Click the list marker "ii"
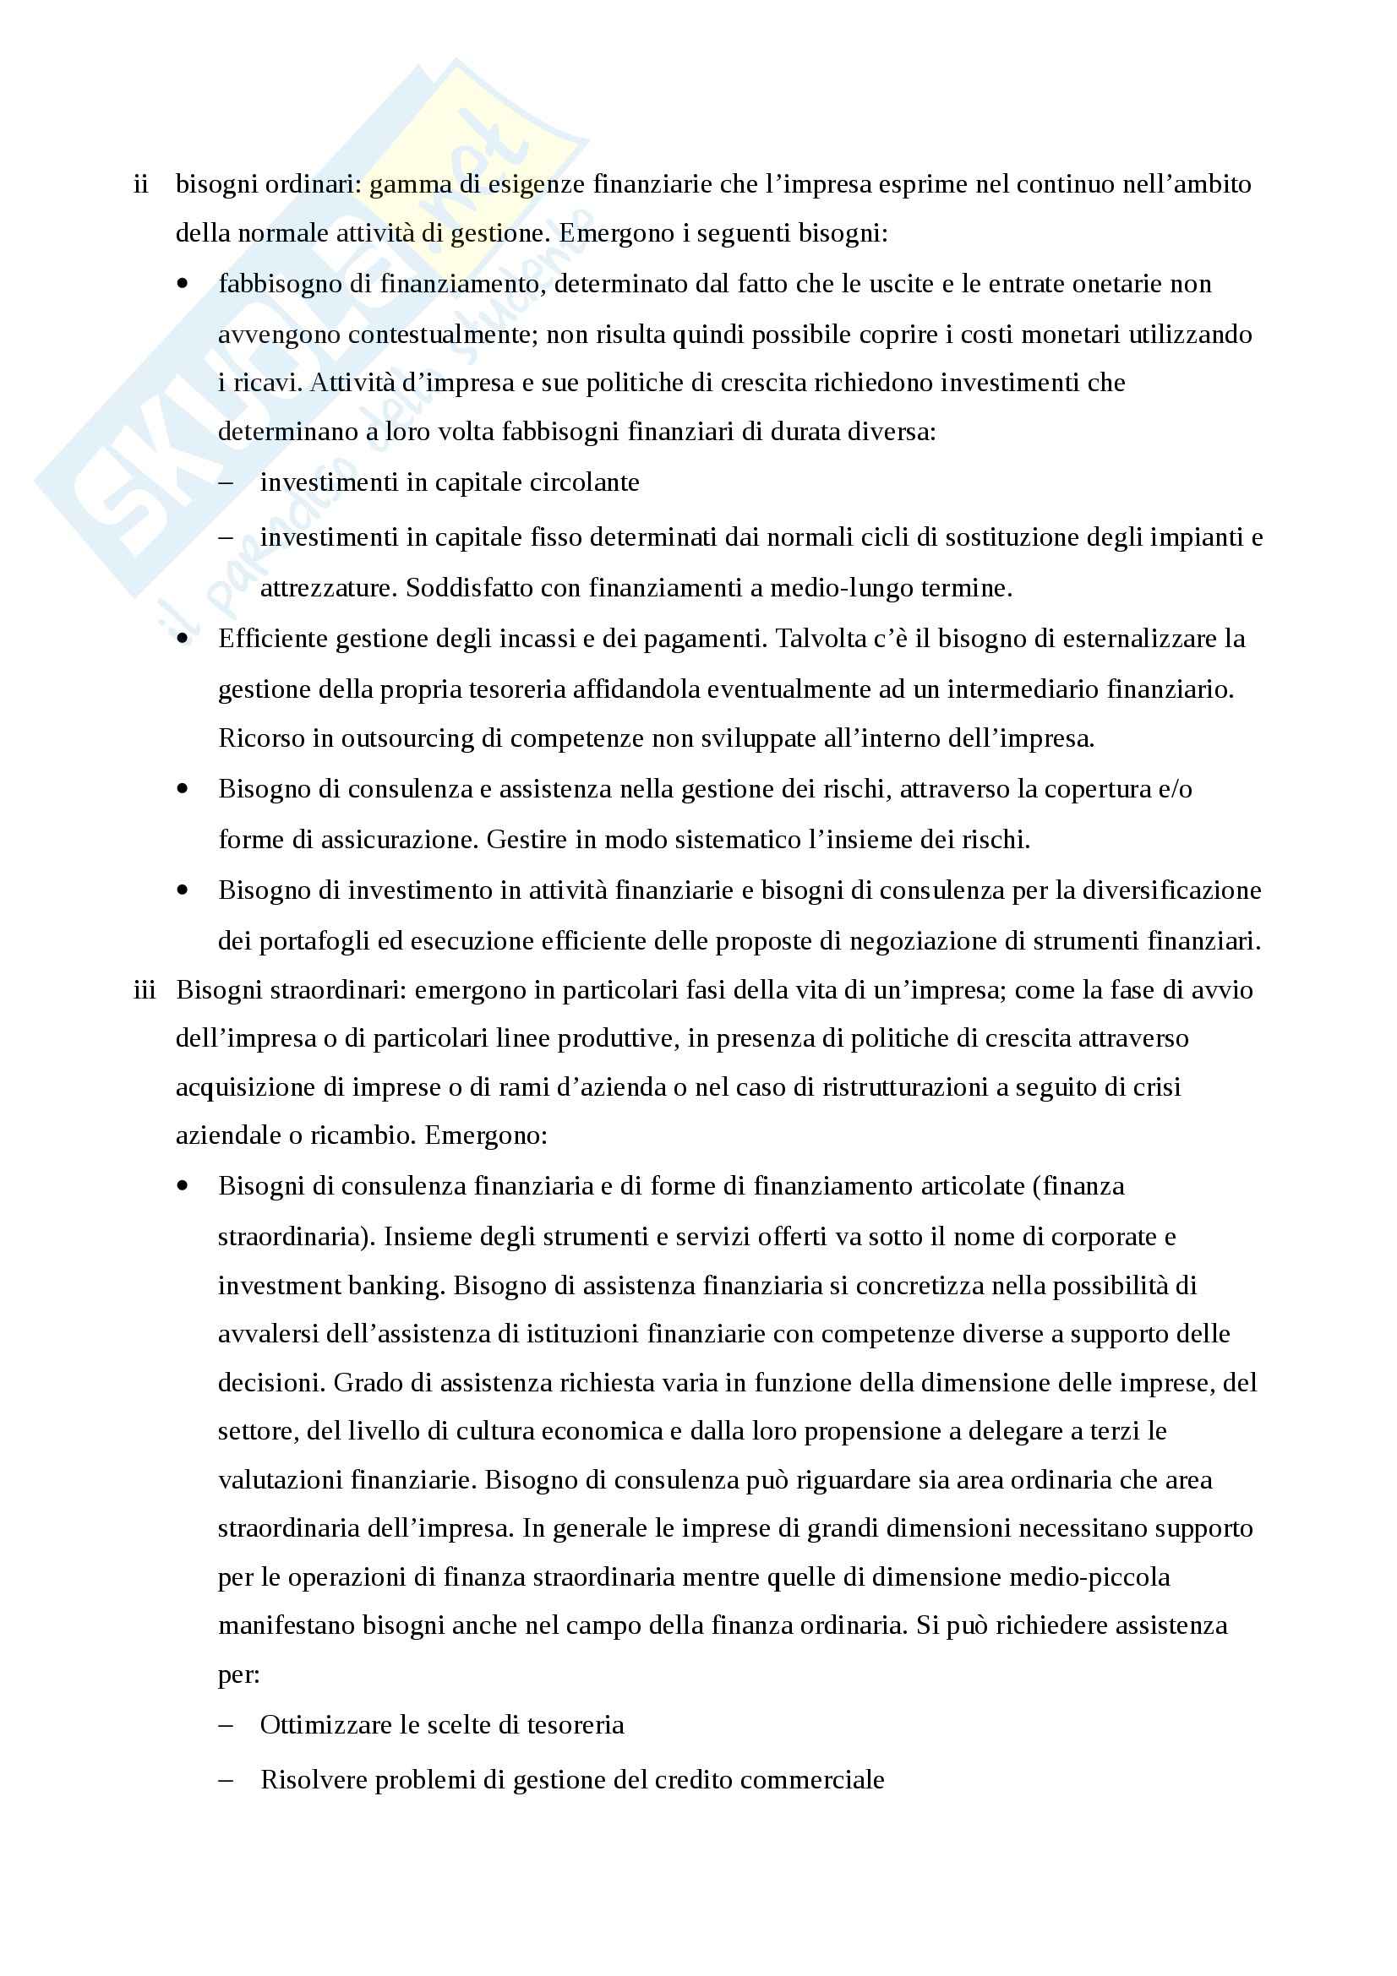[x=141, y=184]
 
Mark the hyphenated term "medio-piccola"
[x=1089, y=1576]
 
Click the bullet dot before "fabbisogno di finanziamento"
[x=183, y=283]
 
